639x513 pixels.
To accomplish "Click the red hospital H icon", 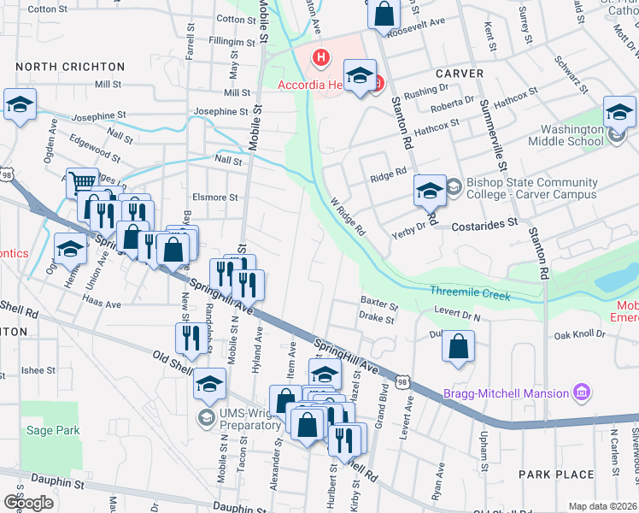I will click(x=320, y=59).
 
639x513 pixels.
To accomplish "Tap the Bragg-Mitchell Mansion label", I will click(x=506, y=393).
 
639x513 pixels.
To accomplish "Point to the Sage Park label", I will click(x=53, y=430).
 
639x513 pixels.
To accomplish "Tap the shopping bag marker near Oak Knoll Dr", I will click(x=459, y=347).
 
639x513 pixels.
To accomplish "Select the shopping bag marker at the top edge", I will click(x=384, y=15).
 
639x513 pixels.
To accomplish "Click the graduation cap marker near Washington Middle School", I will click(x=619, y=112).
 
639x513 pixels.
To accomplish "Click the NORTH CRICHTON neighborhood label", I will click(x=70, y=67).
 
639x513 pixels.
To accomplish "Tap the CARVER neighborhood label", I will click(x=460, y=74).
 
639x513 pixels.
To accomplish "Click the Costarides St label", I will click(x=484, y=221).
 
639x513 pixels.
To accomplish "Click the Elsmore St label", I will click(x=215, y=198).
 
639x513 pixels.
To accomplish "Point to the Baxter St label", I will click(x=379, y=303).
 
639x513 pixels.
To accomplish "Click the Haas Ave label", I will click(x=102, y=303).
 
